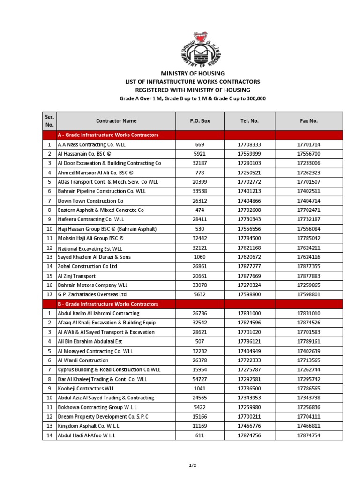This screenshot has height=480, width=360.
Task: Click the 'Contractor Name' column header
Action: pos(116,121)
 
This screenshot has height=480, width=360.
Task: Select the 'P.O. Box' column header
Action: pos(200,121)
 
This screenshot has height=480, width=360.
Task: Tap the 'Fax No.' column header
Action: pos(308,121)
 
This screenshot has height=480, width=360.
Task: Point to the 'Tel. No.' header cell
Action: pos(249,121)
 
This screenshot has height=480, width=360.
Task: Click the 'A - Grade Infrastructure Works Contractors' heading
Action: pos(108,135)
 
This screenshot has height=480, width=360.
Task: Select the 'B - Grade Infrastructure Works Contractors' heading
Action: pos(108,304)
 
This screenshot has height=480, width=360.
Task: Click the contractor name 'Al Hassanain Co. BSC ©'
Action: pos(85,154)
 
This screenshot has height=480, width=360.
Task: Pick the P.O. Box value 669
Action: pos(200,145)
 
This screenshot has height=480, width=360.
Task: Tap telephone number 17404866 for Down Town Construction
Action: pos(249,201)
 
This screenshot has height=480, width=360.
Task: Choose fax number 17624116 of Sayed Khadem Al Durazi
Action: pos(308,257)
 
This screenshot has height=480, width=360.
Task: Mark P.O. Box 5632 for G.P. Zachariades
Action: pos(200,295)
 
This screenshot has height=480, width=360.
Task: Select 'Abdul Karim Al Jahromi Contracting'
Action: pos(98,314)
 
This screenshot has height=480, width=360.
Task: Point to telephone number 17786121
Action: pos(249,342)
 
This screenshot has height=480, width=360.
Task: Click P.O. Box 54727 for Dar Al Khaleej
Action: pos(200,379)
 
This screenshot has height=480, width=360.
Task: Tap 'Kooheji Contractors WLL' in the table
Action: pos(86,389)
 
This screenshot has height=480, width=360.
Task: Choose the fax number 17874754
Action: pos(308,435)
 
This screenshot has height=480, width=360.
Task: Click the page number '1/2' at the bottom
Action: pos(193,465)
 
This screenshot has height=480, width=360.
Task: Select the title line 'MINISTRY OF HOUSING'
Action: pos(193,74)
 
